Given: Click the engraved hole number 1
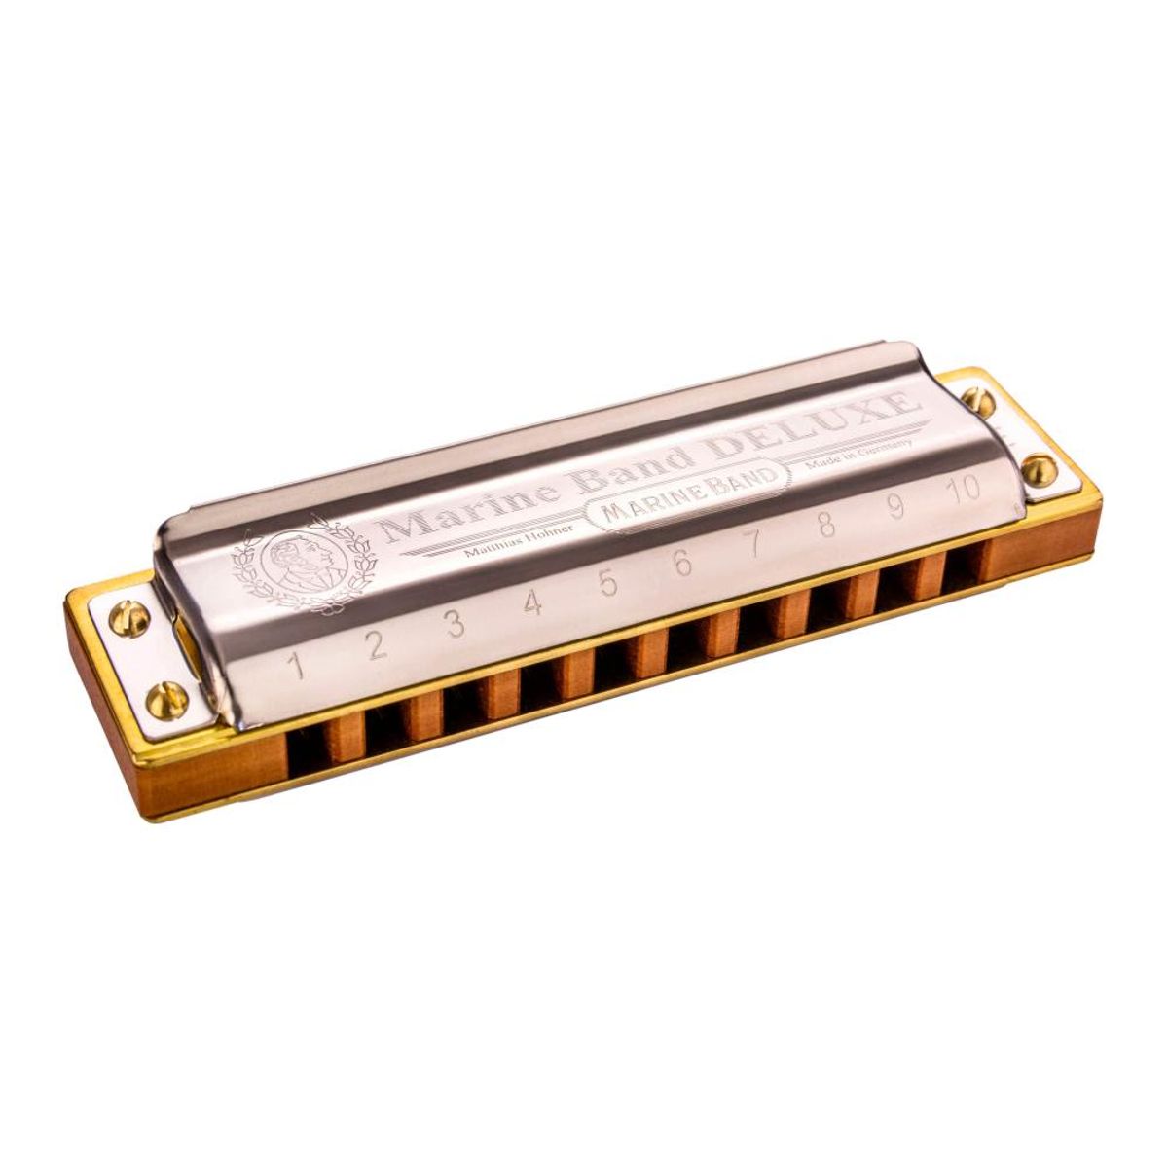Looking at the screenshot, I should coord(298,666).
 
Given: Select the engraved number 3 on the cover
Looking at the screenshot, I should coord(455,624).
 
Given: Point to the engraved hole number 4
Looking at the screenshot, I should coord(531,602).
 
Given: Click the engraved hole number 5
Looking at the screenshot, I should coord(607,582).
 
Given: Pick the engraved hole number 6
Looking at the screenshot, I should coord(681,563).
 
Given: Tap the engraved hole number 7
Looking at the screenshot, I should coord(753,543).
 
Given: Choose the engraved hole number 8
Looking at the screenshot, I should coord(825,525).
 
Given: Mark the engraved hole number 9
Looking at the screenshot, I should coord(894,506).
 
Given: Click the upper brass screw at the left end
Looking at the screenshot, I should coord(128,618).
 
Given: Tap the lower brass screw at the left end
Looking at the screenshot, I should coord(166,697).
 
